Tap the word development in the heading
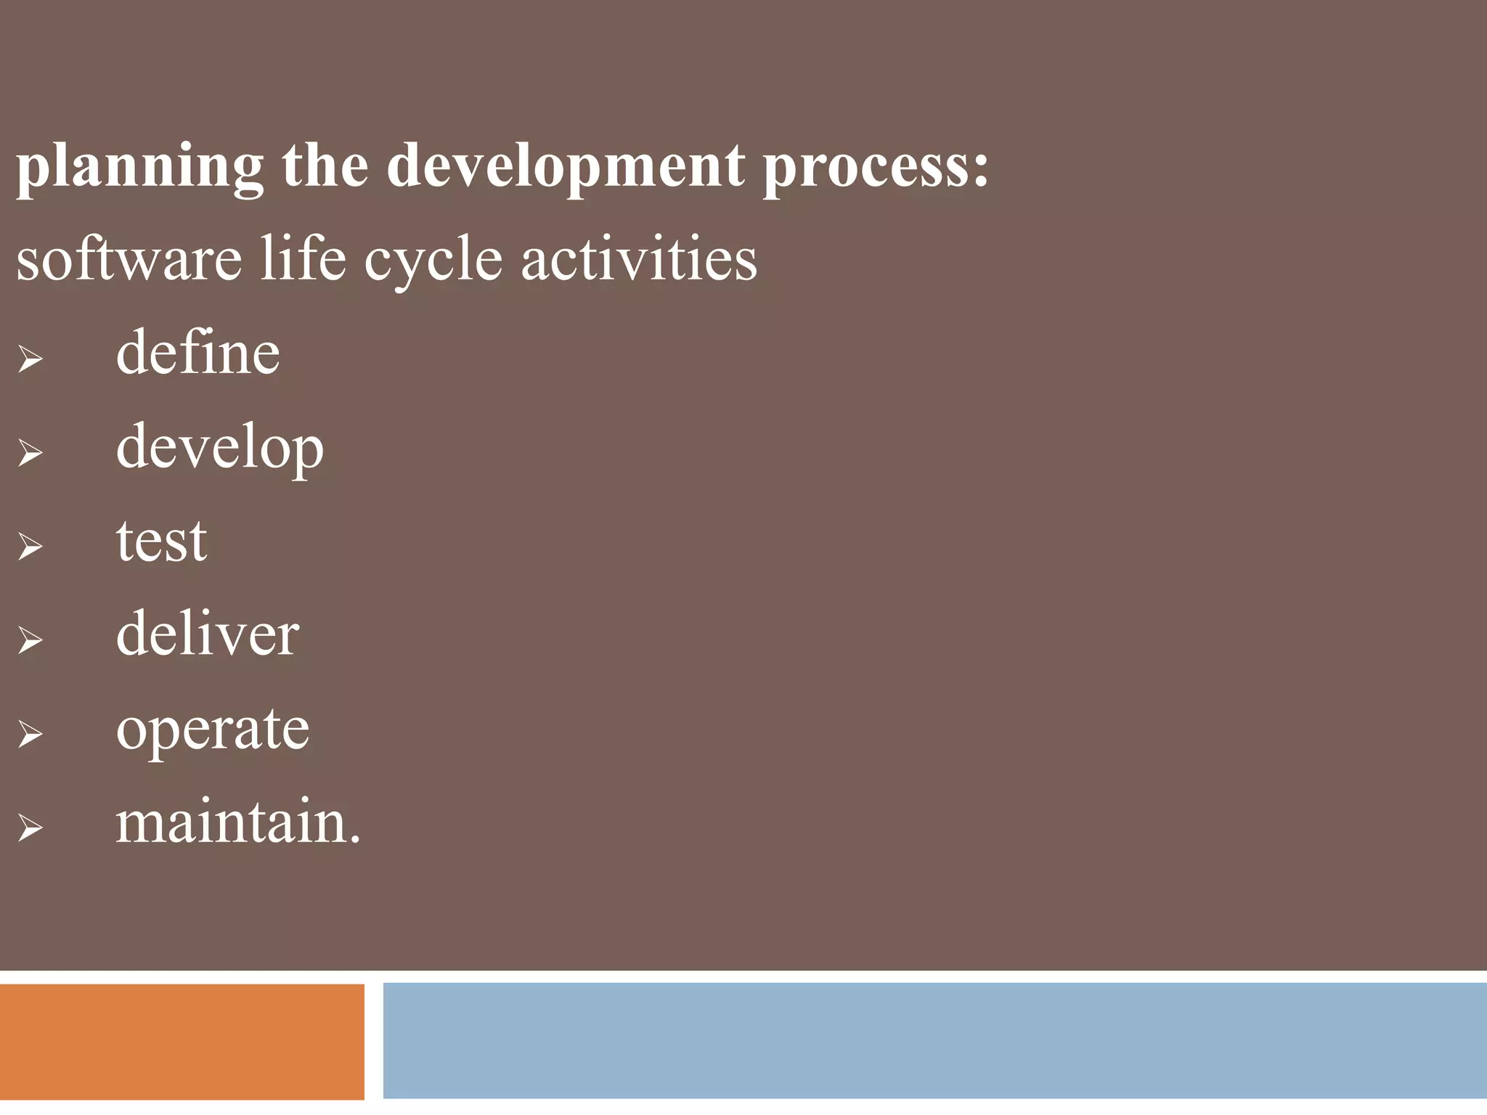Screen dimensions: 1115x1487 click(x=566, y=168)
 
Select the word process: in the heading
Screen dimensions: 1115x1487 click(x=876, y=168)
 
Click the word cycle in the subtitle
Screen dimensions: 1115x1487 click(x=433, y=261)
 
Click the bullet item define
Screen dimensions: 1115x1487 click(x=197, y=353)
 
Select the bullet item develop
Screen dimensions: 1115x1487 click(x=219, y=449)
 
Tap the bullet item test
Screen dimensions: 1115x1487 click(x=161, y=542)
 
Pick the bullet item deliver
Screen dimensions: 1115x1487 click(x=207, y=634)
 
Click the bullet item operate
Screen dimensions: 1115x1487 click(x=212, y=730)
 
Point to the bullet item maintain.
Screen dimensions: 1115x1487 click(x=237, y=822)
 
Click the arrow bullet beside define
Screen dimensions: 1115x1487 click(x=30, y=359)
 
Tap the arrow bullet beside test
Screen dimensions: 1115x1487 click(x=30, y=546)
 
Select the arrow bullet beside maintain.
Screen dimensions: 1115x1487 click(x=30, y=828)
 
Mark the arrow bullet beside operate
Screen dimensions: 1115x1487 click(x=30, y=734)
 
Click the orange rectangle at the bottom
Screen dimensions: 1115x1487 click(x=182, y=1041)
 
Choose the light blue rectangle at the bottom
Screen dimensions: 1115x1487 click(x=934, y=1040)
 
